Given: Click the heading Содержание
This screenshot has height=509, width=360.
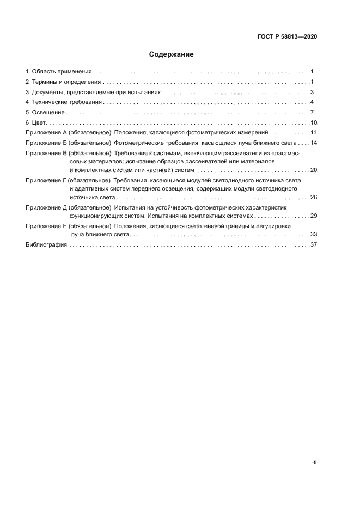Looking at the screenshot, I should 172,54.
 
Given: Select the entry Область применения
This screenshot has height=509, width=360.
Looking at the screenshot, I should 62,71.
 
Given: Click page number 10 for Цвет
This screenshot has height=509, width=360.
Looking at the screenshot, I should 313,122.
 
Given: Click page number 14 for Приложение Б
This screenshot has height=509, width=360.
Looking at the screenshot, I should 313,143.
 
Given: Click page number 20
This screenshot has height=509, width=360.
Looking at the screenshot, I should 313,170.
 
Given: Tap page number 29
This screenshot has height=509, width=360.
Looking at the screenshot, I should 313,216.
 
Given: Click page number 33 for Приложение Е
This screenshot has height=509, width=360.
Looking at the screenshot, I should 313,234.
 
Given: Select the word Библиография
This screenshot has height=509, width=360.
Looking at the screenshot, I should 46,245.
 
